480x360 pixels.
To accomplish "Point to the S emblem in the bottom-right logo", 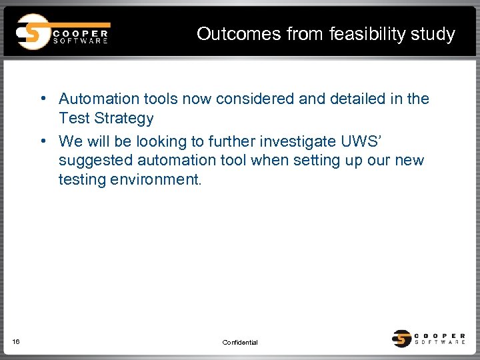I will [402, 339].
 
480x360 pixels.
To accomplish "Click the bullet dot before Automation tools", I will [42, 99].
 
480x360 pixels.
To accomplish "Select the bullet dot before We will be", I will [42, 141].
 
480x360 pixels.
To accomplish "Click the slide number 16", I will [16, 342].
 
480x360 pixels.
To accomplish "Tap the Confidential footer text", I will [240, 343].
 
